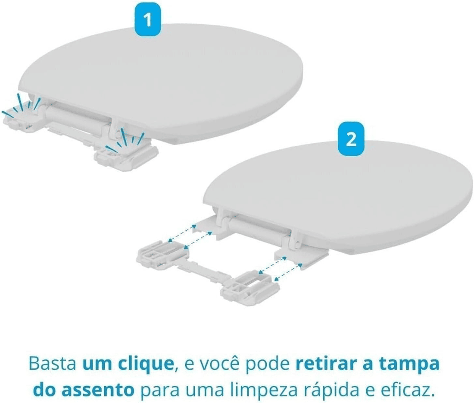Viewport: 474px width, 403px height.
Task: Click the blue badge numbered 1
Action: [148, 21]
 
